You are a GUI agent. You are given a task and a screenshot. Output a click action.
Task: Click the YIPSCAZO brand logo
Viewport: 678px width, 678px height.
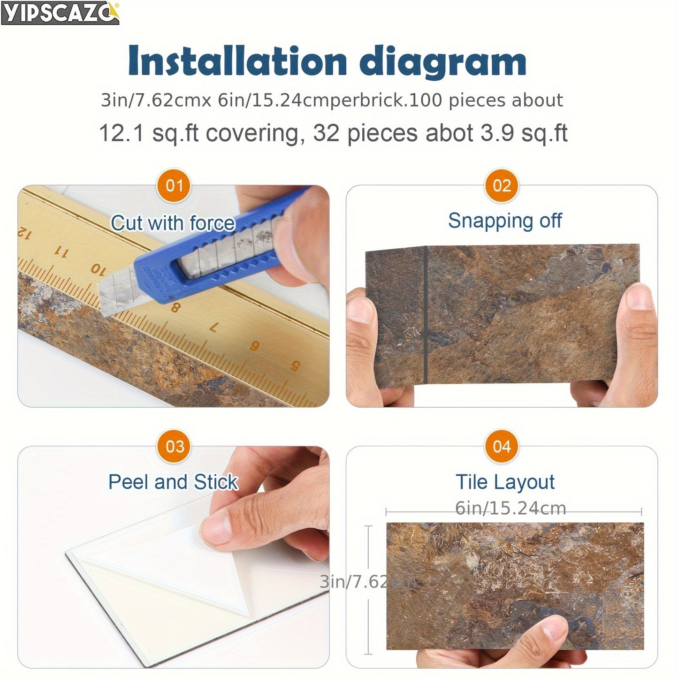(x=60, y=13)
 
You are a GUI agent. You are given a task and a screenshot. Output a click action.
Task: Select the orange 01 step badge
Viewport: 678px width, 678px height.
(x=174, y=186)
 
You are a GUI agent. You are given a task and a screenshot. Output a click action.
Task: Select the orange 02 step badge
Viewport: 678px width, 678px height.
(x=502, y=186)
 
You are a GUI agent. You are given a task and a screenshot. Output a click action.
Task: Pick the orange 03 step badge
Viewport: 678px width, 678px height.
(x=174, y=446)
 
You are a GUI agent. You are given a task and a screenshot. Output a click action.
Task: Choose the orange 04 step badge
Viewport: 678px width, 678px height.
(x=502, y=446)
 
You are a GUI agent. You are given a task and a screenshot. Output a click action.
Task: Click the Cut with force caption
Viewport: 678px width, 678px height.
(x=173, y=223)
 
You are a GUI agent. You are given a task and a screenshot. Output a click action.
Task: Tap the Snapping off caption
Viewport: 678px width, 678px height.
(x=505, y=221)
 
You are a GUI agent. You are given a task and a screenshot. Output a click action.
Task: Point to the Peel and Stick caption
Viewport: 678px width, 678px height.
(x=173, y=482)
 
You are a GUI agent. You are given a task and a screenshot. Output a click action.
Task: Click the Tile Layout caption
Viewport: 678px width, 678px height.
(x=505, y=482)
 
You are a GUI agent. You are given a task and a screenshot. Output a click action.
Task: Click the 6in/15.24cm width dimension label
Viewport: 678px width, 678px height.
(x=510, y=508)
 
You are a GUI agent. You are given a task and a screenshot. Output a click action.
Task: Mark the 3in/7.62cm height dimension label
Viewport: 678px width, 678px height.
(x=367, y=582)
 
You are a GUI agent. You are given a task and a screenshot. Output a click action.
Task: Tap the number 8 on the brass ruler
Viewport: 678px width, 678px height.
(x=175, y=308)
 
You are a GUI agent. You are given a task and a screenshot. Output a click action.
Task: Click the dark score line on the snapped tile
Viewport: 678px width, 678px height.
(x=426, y=314)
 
